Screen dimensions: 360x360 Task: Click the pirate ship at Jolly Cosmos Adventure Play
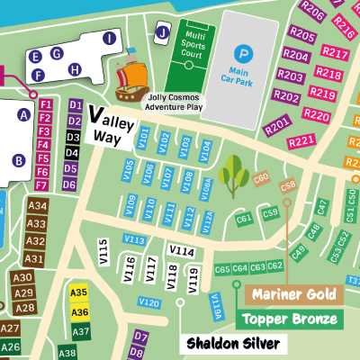click(132, 76)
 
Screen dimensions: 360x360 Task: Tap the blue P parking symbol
click(239, 54)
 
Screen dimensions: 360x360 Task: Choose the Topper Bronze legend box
click(289, 319)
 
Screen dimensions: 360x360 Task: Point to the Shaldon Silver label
click(234, 343)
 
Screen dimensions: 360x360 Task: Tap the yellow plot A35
click(79, 292)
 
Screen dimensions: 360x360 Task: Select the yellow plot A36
click(79, 311)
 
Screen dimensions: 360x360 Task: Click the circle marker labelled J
click(162, 33)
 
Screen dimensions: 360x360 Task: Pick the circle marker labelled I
click(109, 38)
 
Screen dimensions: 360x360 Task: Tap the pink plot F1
click(45, 104)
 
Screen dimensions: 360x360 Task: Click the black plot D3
click(71, 138)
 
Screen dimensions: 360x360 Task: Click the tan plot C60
click(261, 179)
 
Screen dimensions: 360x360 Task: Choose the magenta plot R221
click(301, 139)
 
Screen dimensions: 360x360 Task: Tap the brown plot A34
click(37, 206)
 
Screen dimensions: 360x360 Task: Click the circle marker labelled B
click(18, 160)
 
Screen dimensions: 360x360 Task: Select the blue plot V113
click(135, 239)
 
